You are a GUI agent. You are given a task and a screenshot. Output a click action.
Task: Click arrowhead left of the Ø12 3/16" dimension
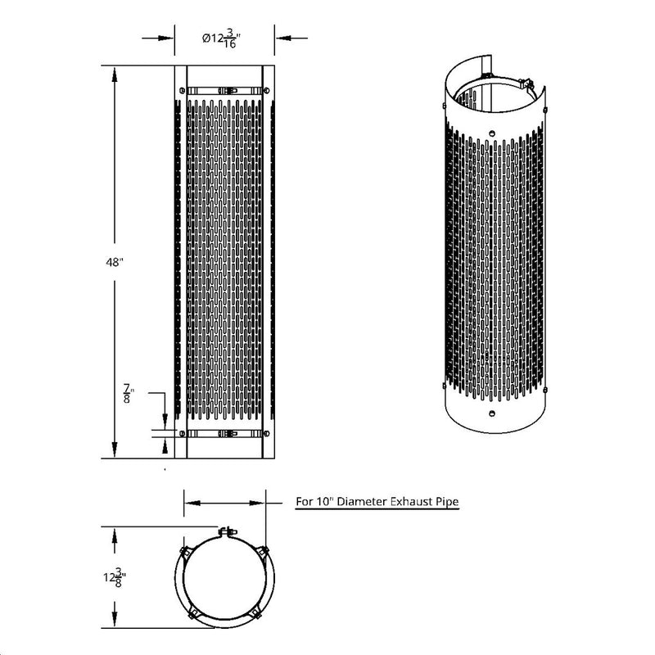pos(169,37)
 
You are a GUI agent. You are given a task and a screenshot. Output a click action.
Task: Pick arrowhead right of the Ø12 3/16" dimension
pos(279,37)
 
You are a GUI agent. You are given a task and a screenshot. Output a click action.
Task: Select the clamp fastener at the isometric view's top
pos(526,82)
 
